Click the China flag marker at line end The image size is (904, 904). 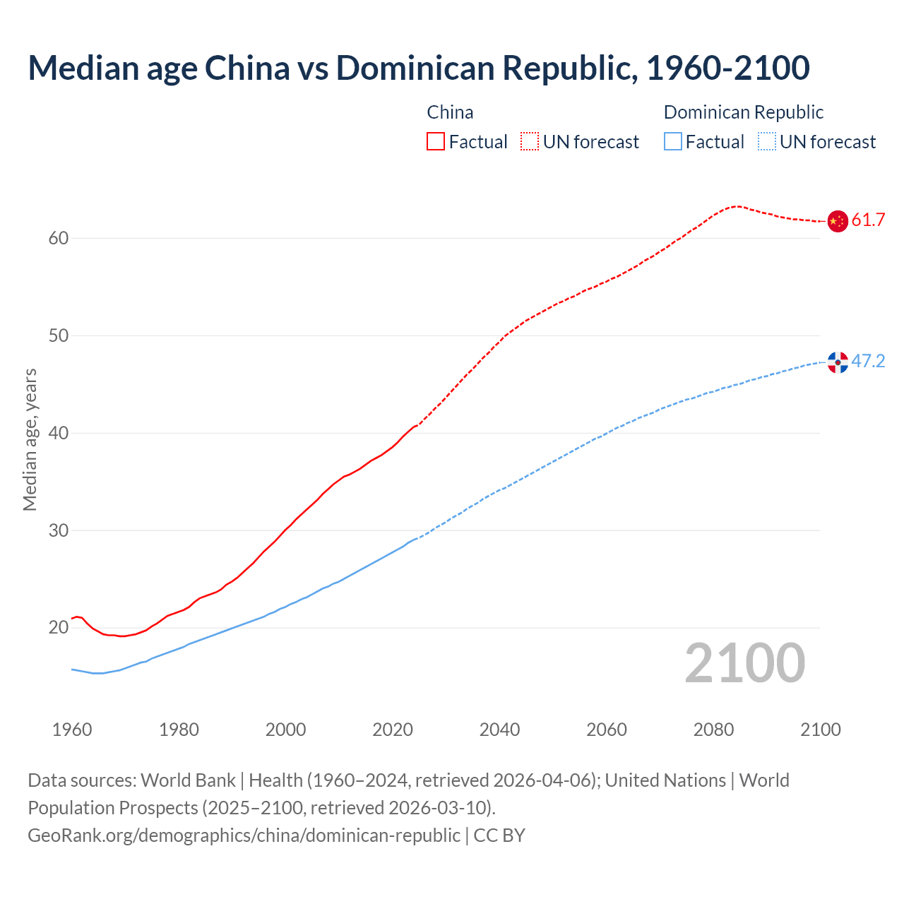click(837, 221)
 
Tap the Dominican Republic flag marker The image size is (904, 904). click(838, 362)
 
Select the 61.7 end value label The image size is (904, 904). click(868, 220)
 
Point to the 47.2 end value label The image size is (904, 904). click(868, 362)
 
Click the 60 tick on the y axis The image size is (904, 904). click(59, 239)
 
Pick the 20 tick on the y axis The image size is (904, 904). click(59, 628)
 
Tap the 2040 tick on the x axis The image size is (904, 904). click(499, 730)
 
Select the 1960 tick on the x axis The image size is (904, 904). click(72, 730)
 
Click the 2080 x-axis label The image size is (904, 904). click(713, 730)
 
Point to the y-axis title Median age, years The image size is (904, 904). click(30, 439)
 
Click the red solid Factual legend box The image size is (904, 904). click(436, 142)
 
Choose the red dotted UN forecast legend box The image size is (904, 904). click(530, 142)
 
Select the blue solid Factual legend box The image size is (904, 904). click(673, 142)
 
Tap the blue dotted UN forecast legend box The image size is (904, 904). click(767, 142)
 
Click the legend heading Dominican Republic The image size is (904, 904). click(744, 112)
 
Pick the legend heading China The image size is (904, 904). click(450, 112)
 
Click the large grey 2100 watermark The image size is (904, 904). click(745, 663)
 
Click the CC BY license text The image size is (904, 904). click(499, 835)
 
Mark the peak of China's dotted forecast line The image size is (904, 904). click(737, 206)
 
